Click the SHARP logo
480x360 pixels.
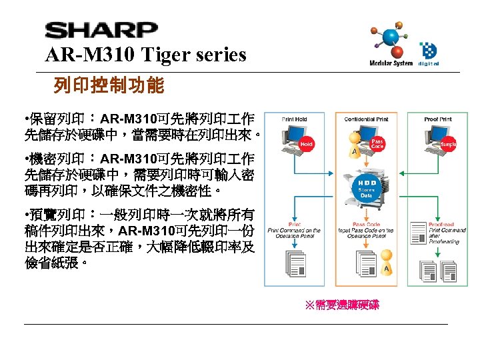tap(101, 31)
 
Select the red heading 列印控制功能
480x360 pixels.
tap(108, 86)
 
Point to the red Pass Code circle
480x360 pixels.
tap(377, 143)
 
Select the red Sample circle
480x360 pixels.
tap(449, 145)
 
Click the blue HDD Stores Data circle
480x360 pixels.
tap(366, 189)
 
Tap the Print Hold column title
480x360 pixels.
tap(294, 119)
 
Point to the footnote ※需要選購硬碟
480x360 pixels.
tap(341, 305)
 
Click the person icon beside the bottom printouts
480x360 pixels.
tap(386, 267)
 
